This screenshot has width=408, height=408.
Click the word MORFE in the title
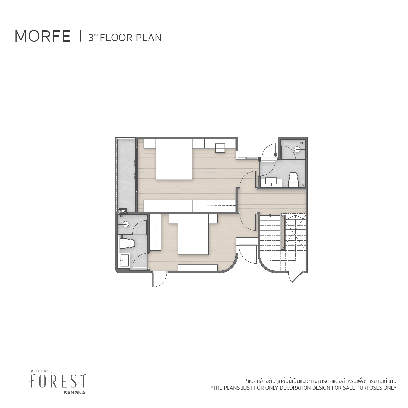pos(42,37)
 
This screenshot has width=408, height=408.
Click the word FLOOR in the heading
pos(116,38)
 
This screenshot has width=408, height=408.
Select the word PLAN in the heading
pos(149,38)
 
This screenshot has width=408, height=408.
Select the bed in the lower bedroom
pos(193,234)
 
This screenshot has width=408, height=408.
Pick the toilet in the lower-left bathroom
pos(127,244)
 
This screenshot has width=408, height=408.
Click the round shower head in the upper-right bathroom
pos(297,149)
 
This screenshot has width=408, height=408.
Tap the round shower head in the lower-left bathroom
pos(126,223)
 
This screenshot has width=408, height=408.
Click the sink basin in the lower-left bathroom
pos(125,261)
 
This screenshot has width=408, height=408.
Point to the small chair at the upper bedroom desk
pos(220,148)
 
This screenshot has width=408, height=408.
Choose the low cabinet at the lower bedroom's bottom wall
pos(198,267)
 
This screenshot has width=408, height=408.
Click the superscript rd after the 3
pos(96,35)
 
